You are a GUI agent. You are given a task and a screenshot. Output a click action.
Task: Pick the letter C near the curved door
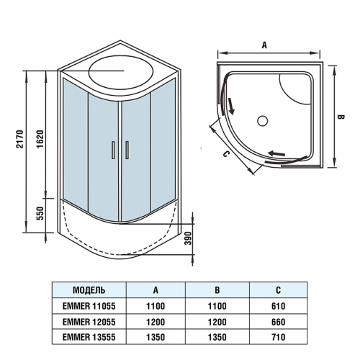point(225,153)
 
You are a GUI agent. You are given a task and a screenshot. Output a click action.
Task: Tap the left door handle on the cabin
point(113,149)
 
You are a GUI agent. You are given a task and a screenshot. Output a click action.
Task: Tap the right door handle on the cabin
point(126,149)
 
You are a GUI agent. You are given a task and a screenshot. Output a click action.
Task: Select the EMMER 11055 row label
point(90,305)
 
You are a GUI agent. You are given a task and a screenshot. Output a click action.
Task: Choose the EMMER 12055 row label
point(90,320)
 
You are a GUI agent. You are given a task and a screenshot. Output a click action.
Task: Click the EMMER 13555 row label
point(90,336)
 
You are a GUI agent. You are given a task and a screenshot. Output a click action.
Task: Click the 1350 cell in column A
point(156,336)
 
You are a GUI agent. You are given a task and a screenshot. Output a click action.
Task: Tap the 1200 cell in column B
point(217,320)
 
